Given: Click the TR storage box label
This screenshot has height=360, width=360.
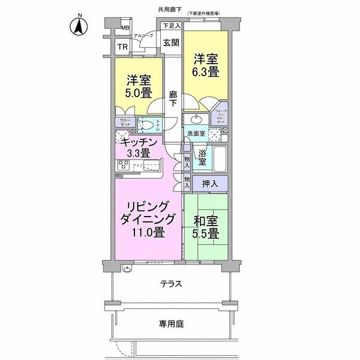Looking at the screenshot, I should click(x=122, y=47).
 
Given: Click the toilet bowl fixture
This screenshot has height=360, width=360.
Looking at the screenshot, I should click(x=147, y=125).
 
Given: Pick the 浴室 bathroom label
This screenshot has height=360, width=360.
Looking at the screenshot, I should click(x=203, y=158).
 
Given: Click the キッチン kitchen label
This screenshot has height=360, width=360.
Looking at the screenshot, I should click(x=139, y=142).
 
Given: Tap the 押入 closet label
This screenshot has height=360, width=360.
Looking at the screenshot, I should click(x=210, y=182).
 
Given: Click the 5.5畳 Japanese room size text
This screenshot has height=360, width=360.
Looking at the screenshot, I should click(x=206, y=233).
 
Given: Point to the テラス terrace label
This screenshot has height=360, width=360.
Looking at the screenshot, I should click(x=170, y=284).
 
